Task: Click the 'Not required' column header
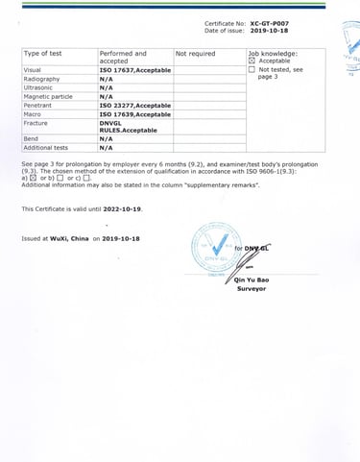pyautogui.click(x=196, y=54)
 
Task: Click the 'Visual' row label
pyautogui.click(x=33, y=70)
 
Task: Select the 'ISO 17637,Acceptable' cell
pyautogui.click(x=135, y=70)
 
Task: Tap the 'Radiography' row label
pyautogui.click(x=41, y=79)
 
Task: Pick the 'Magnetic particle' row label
pyautogui.click(x=48, y=97)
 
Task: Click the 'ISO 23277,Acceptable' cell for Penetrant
pyautogui.click(x=135, y=106)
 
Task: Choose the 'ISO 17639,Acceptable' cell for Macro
pyautogui.click(x=135, y=114)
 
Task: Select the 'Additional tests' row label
pyautogui.click(x=46, y=148)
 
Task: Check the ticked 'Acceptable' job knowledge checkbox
pyautogui.click(x=252, y=61)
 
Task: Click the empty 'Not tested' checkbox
pyautogui.click(x=252, y=70)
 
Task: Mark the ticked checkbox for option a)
pyautogui.click(x=32, y=179)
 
